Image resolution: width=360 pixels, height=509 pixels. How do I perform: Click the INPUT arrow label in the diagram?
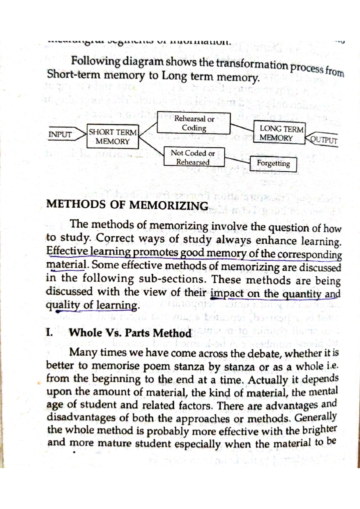[x=60, y=134]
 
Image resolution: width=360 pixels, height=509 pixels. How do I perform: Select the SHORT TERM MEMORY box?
[x=112, y=137]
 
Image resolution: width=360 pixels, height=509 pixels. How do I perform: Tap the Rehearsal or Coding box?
[x=194, y=123]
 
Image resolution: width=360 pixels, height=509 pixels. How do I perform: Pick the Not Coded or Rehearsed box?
[x=194, y=157]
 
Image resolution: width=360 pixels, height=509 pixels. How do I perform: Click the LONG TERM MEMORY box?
[x=279, y=133]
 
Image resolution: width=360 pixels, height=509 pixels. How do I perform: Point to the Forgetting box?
[x=273, y=164]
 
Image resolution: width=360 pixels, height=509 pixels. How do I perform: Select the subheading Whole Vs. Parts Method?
[x=130, y=333]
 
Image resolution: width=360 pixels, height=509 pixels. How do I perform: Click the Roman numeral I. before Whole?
[x=49, y=332]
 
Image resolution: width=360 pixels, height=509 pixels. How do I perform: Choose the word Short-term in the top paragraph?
[x=73, y=75]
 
